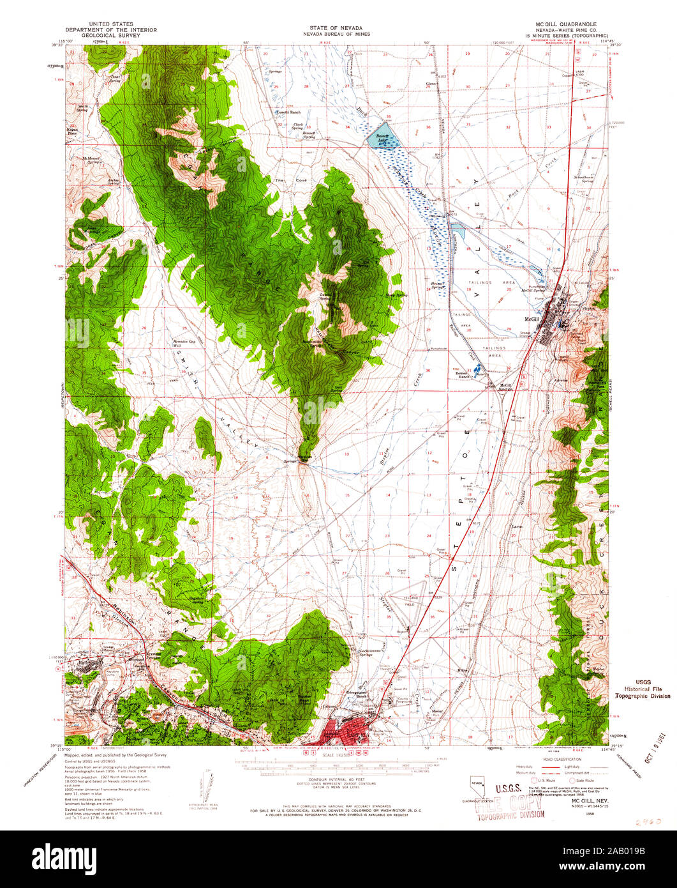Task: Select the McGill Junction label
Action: (506, 387)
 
